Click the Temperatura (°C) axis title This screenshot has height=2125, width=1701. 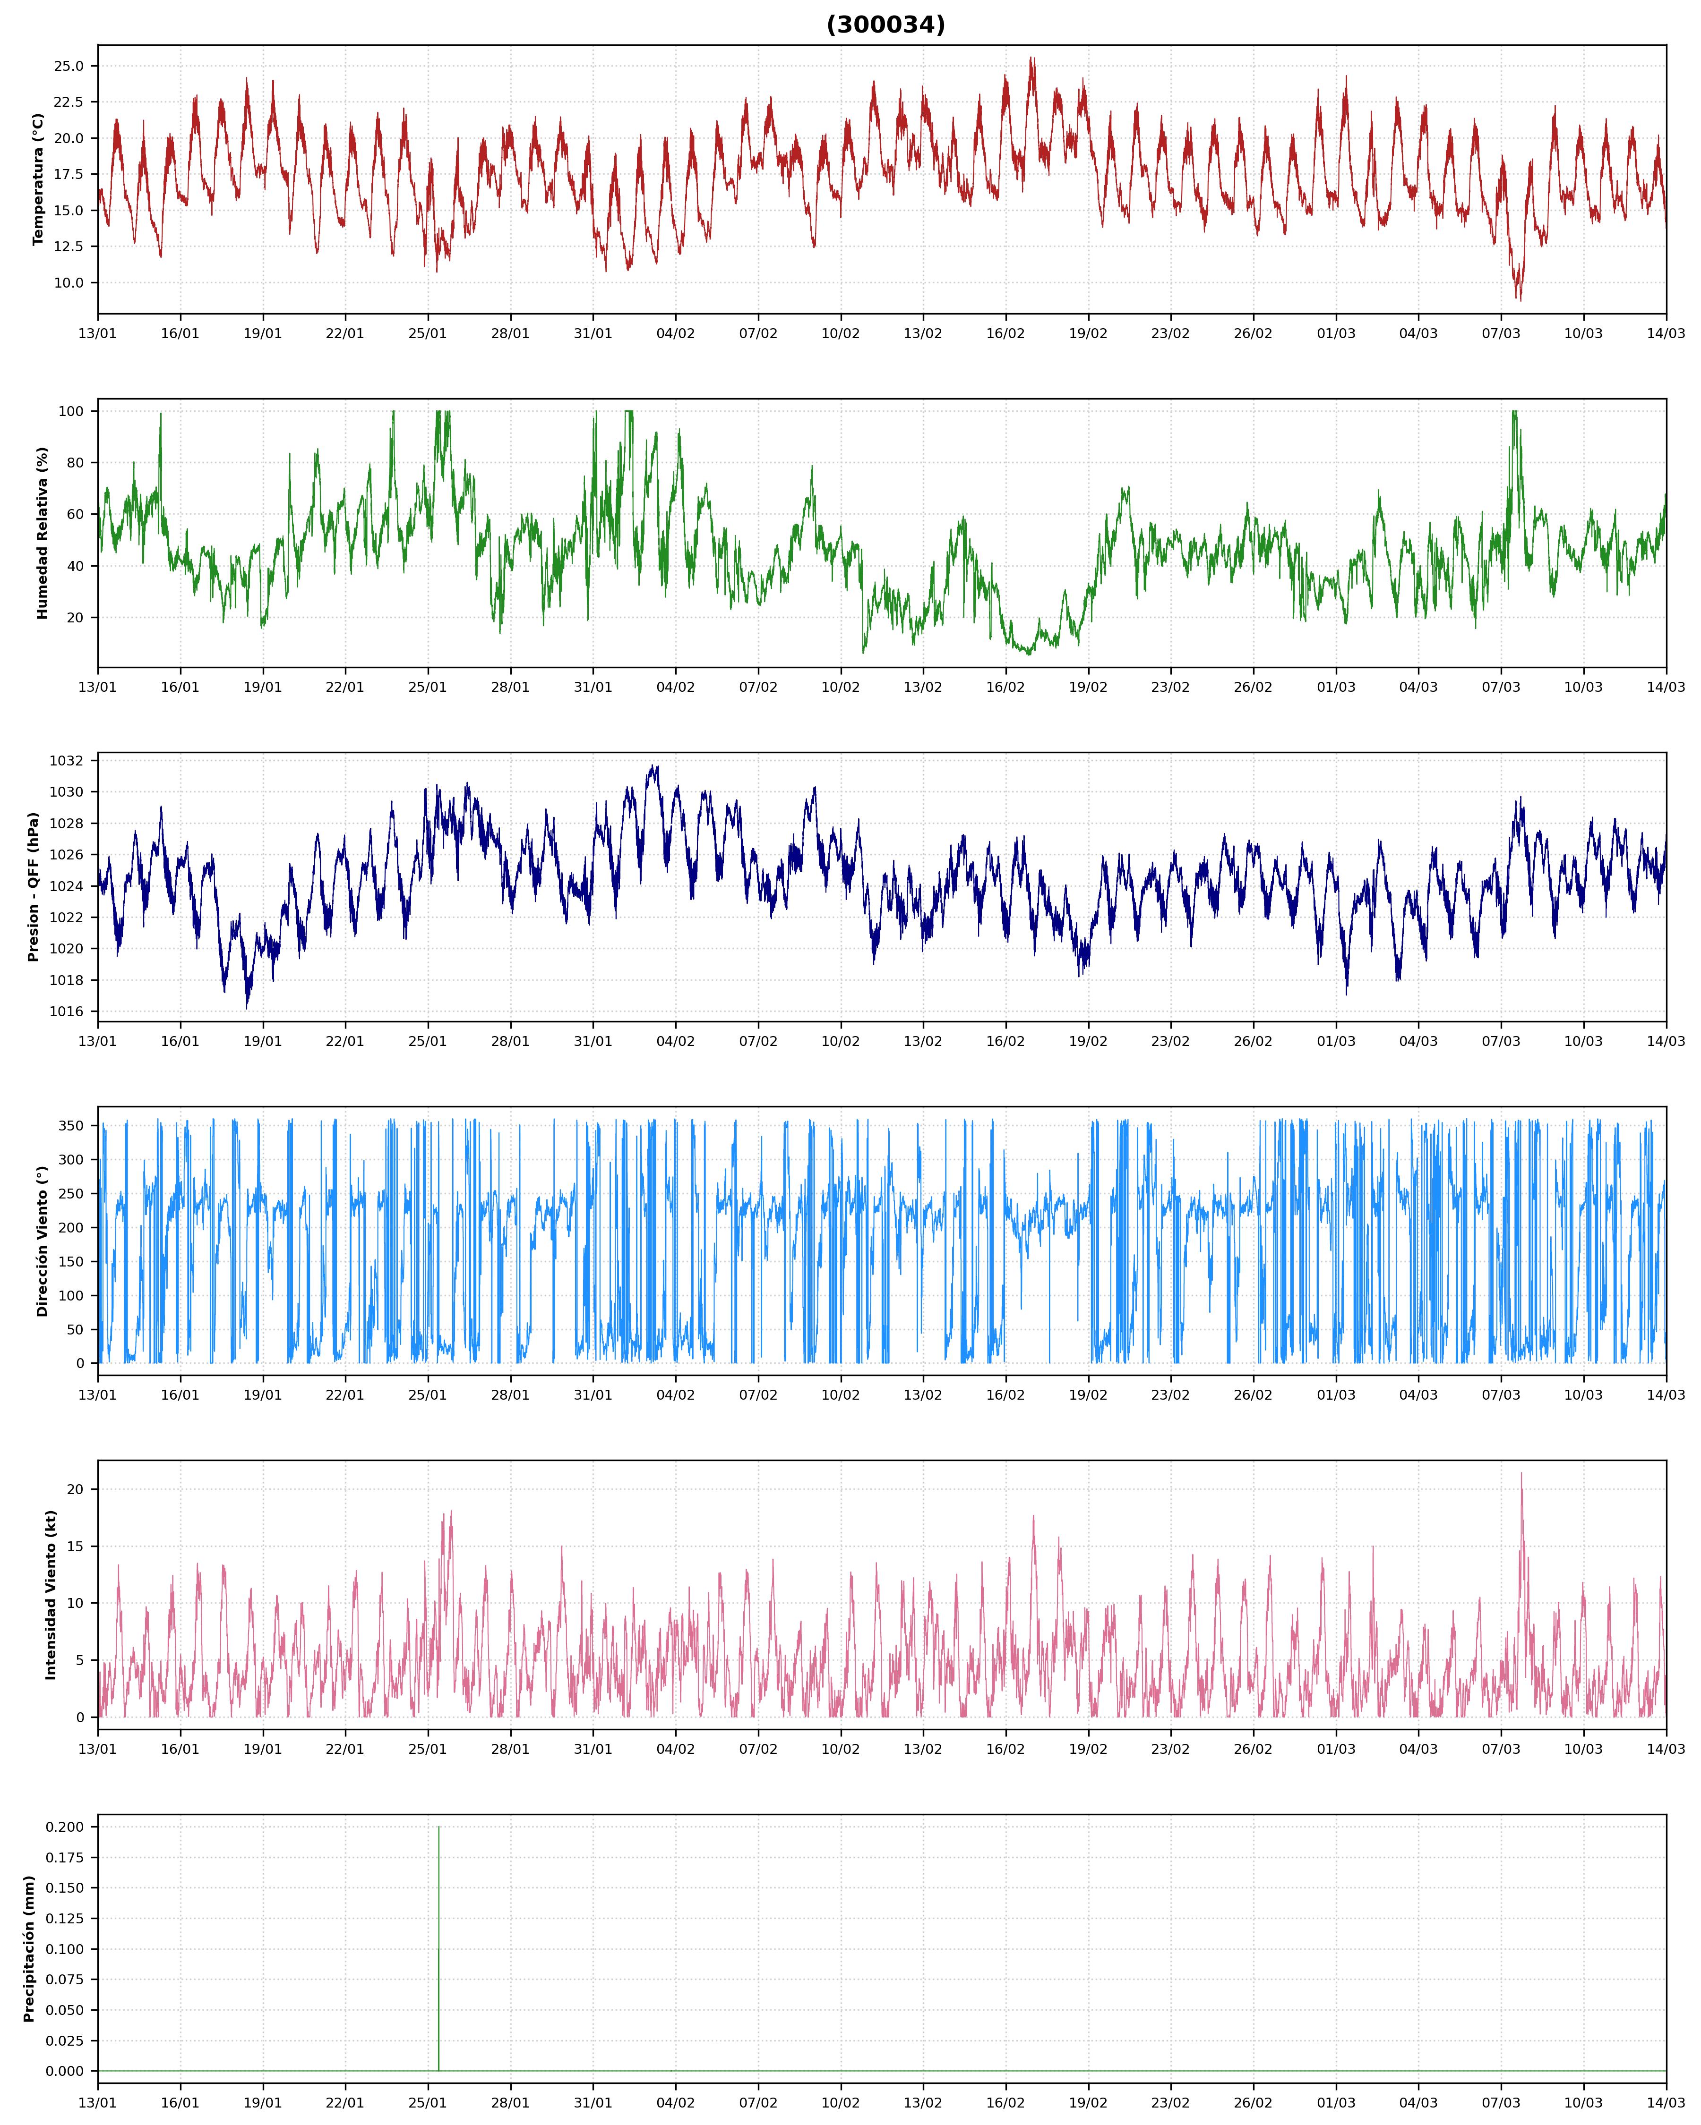[x=38, y=179]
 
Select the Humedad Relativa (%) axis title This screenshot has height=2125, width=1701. [x=43, y=533]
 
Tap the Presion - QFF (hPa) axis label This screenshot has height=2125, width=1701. [x=34, y=887]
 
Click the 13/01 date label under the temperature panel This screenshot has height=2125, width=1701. [x=98, y=333]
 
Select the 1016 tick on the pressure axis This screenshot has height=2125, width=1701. [x=67, y=1011]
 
